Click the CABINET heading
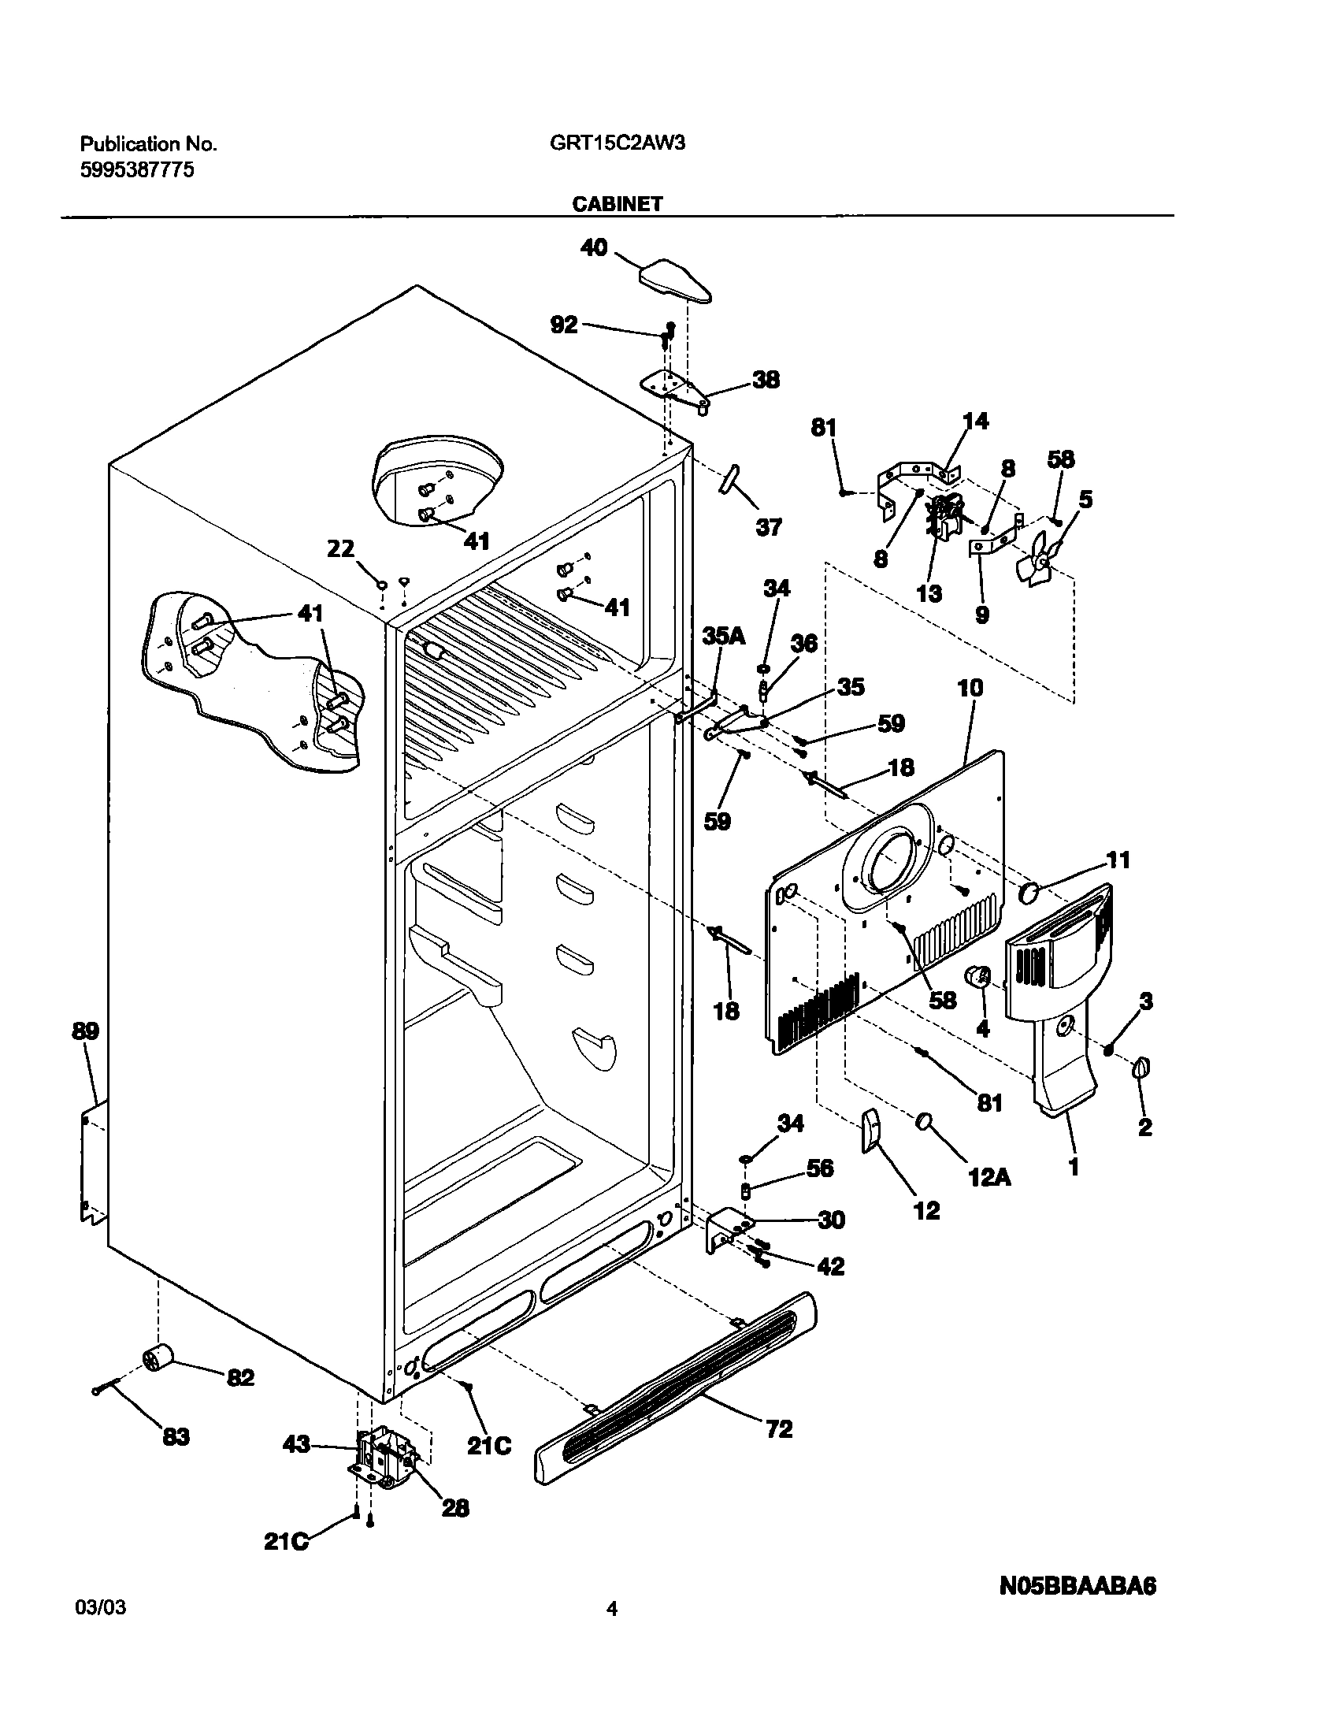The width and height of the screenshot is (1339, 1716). point(617,204)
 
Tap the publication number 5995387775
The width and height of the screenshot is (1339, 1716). point(137,170)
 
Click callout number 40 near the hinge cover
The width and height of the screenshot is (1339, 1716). point(594,248)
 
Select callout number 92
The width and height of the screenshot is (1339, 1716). point(564,324)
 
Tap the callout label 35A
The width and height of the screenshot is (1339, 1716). point(723,636)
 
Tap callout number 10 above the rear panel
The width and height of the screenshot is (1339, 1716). point(970,688)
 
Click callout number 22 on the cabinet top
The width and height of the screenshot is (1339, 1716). point(340,548)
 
